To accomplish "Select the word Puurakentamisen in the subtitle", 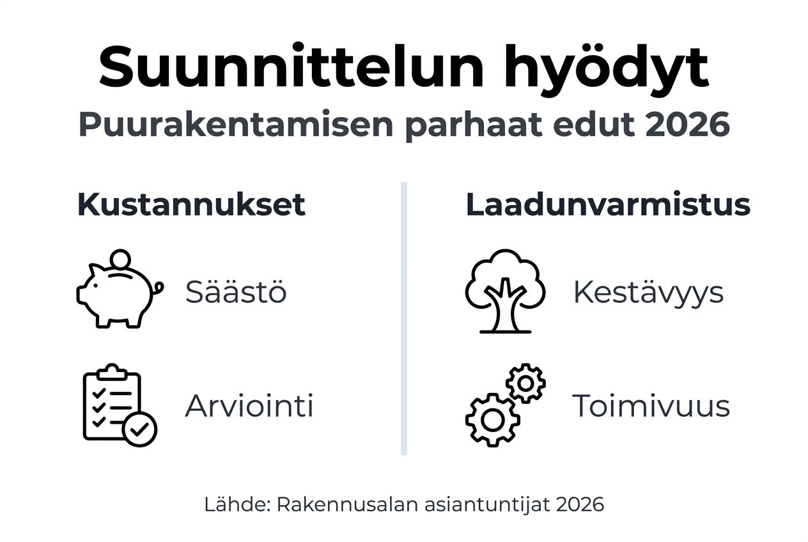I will (x=235, y=126).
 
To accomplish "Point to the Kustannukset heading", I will (x=191, y=205).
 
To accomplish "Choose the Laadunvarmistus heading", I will (x=608, y=205).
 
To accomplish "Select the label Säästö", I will (x=236, y=292).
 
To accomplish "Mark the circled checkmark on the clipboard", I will (x=140, y=429).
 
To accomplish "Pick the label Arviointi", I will (x=249, y=406).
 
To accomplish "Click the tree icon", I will (x=505, y=291).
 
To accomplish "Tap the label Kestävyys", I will (x=648, y=292).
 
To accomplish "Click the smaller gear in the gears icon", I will (x=525, y=383).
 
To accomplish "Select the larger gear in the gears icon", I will (x=492, y=419).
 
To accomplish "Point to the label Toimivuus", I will (x=651, y=406).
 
